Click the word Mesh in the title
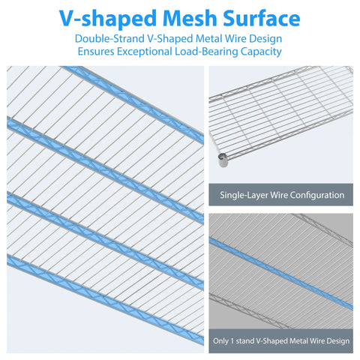pos(190,18)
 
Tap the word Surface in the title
pos(261,18)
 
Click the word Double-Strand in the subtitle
pos(109,39)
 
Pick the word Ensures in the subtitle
pos(96,52)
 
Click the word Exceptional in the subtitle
pos(145,52)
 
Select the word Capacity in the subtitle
pos(261,52)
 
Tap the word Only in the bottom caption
pos(220,341)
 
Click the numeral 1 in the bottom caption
pos(232,341)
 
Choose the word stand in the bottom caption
pos(244,341)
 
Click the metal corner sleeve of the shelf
pos(223,160)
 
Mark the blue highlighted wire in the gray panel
pos(281,274)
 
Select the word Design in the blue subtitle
pos(265,39)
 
